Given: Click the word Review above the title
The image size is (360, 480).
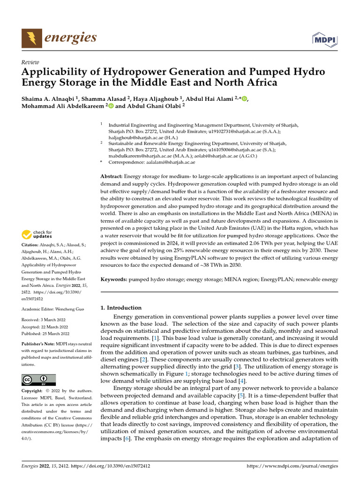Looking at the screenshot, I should pos(30,62).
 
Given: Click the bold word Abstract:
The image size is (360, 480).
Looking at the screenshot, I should pos(112,176).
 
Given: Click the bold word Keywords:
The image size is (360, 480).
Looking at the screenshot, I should pos(114,279).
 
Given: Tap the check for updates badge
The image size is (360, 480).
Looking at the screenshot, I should pos(37,234).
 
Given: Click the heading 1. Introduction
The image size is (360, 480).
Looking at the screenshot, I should pos(121,307).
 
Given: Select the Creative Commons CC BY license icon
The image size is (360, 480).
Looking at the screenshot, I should pos(38,380).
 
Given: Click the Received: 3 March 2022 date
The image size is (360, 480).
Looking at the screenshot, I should pos(45,321).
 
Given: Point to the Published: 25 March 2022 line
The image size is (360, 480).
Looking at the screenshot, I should pos(45,334).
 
